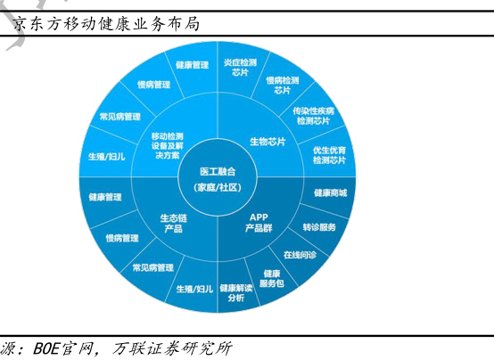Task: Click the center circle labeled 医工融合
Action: click(218, 177)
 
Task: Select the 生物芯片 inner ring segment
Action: click(268, 142)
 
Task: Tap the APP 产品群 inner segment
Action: click(259, 223)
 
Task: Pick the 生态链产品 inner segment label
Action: click(173, 224)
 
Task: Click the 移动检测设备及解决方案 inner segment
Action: click(168, 145)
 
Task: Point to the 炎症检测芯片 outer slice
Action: click(240, 68)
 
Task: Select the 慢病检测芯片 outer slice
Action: click(283, 85)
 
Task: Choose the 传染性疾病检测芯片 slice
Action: click(313, 116)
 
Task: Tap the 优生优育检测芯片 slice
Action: click(329, 155)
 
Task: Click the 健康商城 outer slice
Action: click(330, 192)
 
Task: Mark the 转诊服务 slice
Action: click(319, 227)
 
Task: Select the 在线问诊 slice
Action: click(300, 255)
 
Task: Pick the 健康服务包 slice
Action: click(272, 278)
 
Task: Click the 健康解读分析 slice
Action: click(236, 292)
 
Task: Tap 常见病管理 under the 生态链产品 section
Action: click(153, 267)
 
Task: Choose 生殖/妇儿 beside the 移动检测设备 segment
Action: click(106, 156)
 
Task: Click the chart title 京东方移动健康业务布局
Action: click(106, 24)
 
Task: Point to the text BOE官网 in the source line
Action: click(63, 348)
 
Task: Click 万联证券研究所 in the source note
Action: click(172, 348)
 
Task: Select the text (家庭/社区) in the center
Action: click(218, 187)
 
